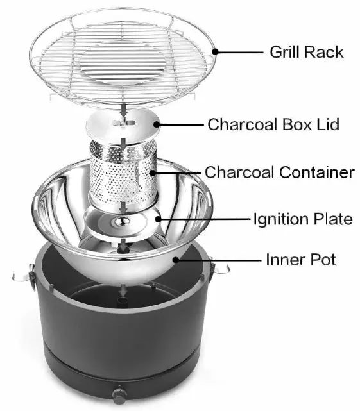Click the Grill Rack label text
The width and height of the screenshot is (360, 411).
[307, 52]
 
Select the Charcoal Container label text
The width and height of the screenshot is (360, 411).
[279, 172]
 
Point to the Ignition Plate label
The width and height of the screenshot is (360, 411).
[302, 219]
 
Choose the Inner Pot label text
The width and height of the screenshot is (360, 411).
[301, 260]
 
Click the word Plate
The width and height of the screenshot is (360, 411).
[333, 219]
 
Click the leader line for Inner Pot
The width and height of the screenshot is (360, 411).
[218, 260]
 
